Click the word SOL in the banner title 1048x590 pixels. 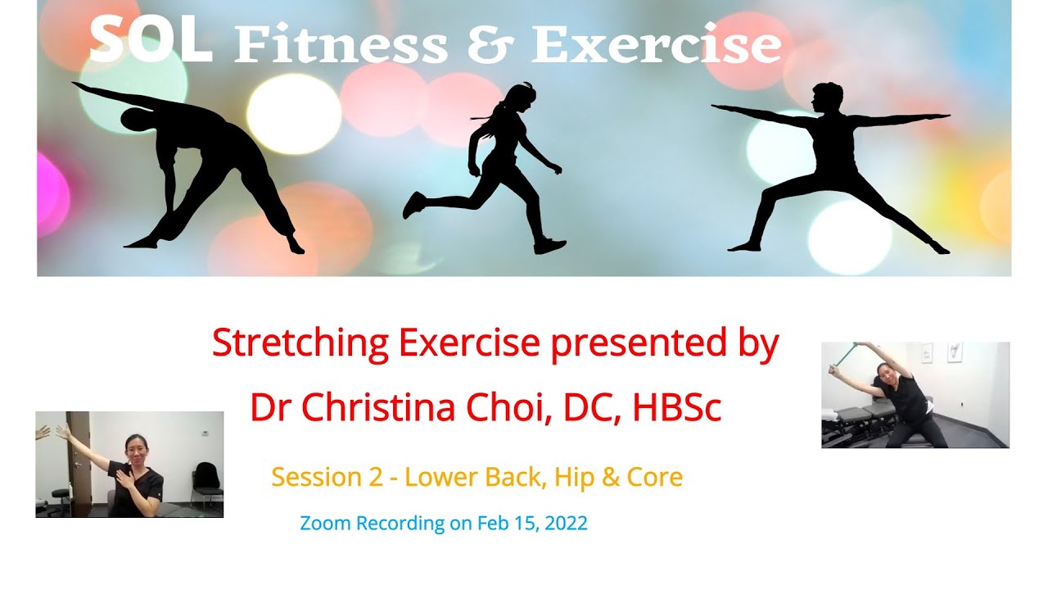pos(150,41)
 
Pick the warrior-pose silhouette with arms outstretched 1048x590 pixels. pos(827,164)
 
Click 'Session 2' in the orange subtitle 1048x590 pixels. pos(327,477)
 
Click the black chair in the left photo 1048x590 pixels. pos(206,483)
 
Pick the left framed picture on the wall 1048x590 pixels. pos(927,353)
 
